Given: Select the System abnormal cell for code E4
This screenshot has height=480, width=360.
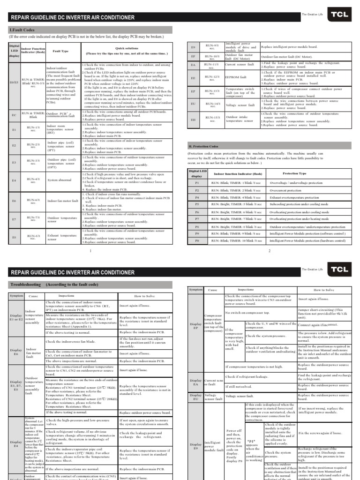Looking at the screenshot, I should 59,180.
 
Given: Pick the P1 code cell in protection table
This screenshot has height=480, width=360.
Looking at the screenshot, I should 197,182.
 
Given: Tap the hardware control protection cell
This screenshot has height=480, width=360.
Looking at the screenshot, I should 307,240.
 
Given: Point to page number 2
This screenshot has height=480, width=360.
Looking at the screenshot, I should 270,251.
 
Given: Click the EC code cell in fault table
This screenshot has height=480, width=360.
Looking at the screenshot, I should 14,114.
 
